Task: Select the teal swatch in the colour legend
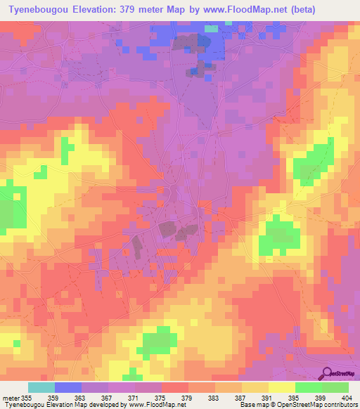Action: pyautogui.click(x=41, y=387)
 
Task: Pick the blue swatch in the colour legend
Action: pyautogui.click(x=68, y=387)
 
